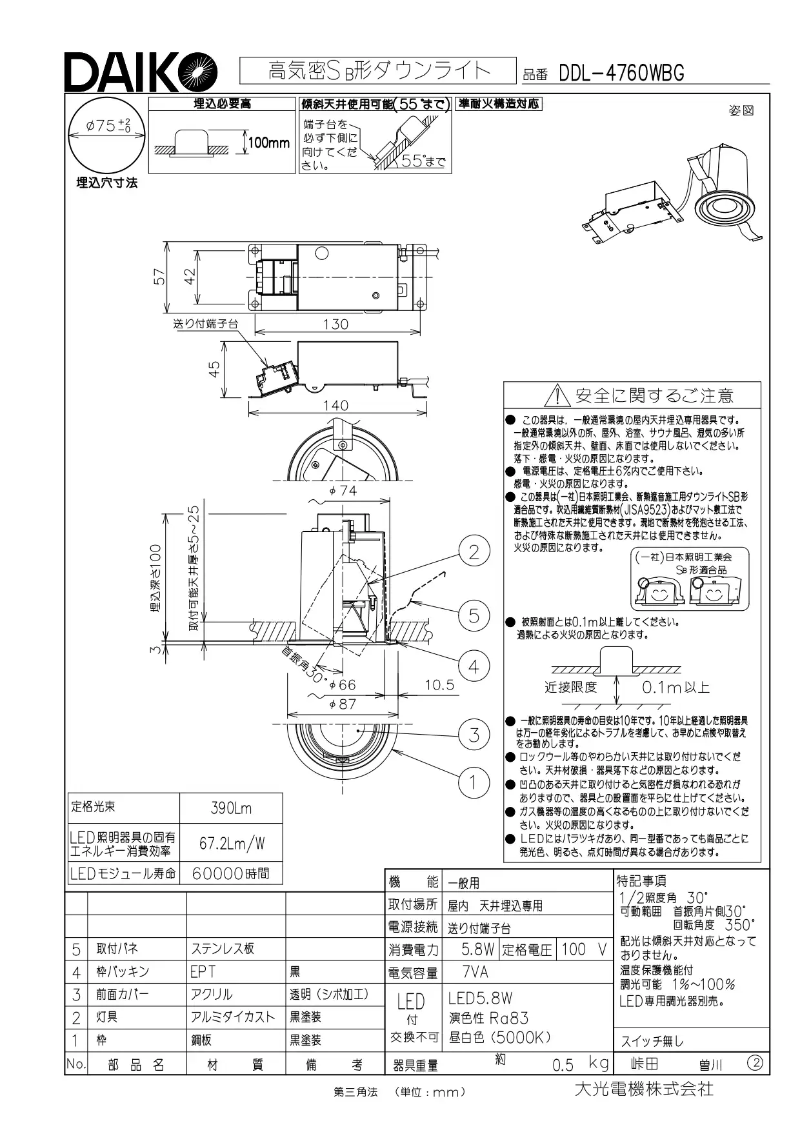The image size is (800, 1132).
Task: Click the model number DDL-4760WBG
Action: (621, 74)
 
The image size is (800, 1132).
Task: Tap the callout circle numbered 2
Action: (474, 551)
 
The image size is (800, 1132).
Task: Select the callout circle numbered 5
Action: (474, 615)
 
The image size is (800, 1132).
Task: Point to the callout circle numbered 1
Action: (474, 782)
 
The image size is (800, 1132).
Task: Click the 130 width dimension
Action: (335, 324)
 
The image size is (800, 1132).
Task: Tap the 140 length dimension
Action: (335, 405)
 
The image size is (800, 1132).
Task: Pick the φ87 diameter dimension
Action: (343, 704)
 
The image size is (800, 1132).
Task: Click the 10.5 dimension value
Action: (439, 684)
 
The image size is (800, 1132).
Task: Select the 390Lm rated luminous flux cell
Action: (231, 808)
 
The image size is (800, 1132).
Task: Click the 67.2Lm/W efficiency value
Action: (232, 843)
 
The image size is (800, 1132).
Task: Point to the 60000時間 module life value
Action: (231, 873)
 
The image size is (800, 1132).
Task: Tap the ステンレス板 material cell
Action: (223, 949)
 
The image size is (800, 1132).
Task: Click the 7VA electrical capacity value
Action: (475, 972)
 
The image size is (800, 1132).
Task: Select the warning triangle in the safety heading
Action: (555, 395)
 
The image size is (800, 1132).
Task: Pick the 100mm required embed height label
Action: (269, 143)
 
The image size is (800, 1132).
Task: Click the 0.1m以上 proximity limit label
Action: (675, 688)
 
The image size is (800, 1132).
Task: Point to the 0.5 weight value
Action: (563, 1065)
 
